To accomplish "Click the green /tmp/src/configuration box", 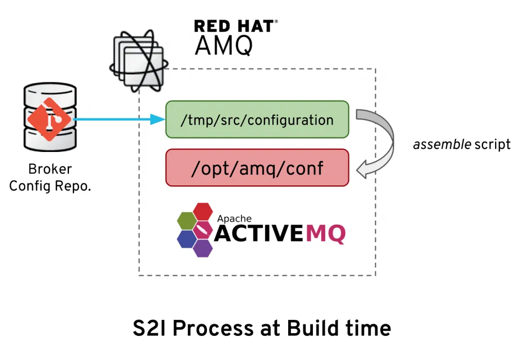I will tap(257, 119).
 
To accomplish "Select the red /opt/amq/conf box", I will tap(257, 167).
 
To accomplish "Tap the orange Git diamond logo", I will tap(49, 119).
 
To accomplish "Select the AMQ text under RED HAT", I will tap(223, 46).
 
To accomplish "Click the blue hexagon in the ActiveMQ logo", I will tap(186, 238).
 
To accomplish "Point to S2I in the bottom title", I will tap(149, 328).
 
